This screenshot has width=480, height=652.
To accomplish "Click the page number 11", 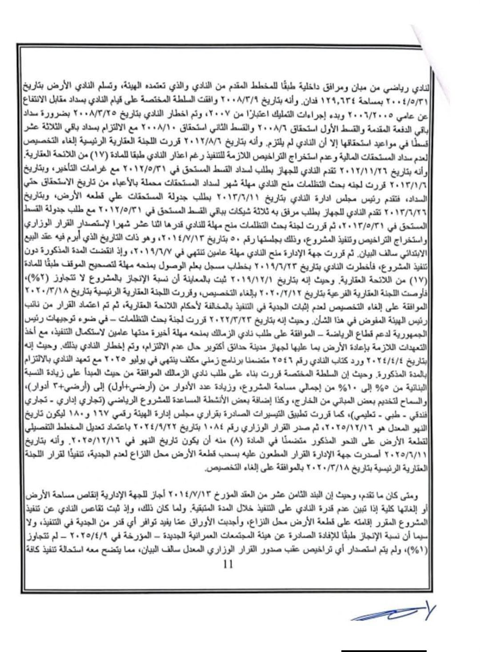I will click(x=228, y=564).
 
